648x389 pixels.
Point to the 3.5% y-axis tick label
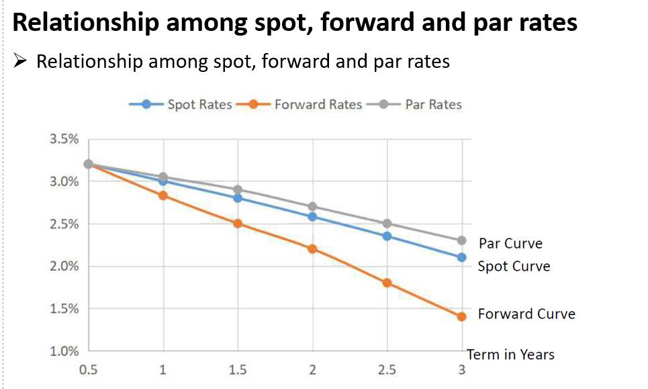coord(64,139)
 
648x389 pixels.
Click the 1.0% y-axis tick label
coord(64,351)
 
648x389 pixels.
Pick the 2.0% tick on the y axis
coord(64,267)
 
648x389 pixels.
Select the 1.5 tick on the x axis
coord(237,370)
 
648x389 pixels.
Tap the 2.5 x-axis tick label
coord(387,370)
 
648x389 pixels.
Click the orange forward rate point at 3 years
coord(461,316)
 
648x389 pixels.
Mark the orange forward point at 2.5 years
coord(387,283)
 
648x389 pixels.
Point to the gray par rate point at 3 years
coord(461,241)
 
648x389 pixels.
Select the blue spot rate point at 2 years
coord(312,216)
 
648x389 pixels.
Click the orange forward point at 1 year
coord(163,196)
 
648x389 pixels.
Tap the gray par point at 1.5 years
coord(237,190)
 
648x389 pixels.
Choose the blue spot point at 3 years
coord(461,257)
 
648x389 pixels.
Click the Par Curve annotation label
coord(510,243)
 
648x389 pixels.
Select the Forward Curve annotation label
coord(526,314)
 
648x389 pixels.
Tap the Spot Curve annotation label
coord(514,267)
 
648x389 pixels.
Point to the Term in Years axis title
coord(510,354)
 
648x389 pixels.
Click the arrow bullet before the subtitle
coord(21,62)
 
